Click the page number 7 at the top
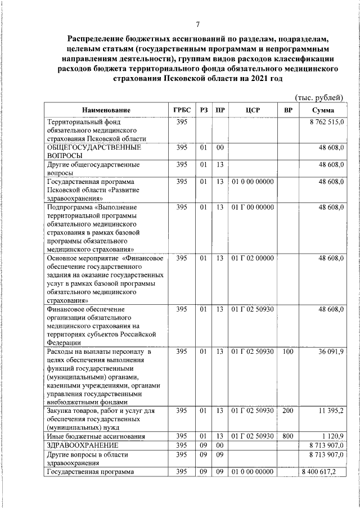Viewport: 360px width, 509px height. tap(197, 24)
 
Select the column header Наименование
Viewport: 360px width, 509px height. tap(106, 110)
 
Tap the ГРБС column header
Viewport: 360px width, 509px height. tap(182, 110)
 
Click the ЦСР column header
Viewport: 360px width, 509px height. tap(253, 110)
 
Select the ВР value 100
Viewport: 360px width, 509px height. tap(288, 352)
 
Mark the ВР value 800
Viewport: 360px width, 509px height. tap(288, 436)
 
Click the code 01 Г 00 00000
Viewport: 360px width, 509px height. tap(253, 208)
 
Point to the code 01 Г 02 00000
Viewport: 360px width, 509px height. tap(253, 258)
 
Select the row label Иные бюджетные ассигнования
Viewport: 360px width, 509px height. tap(96, 436)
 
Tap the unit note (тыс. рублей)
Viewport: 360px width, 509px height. tap(319, 98)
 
